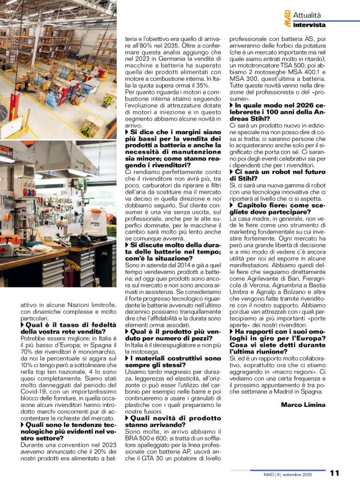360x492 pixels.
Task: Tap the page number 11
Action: [x=335, y=473]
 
